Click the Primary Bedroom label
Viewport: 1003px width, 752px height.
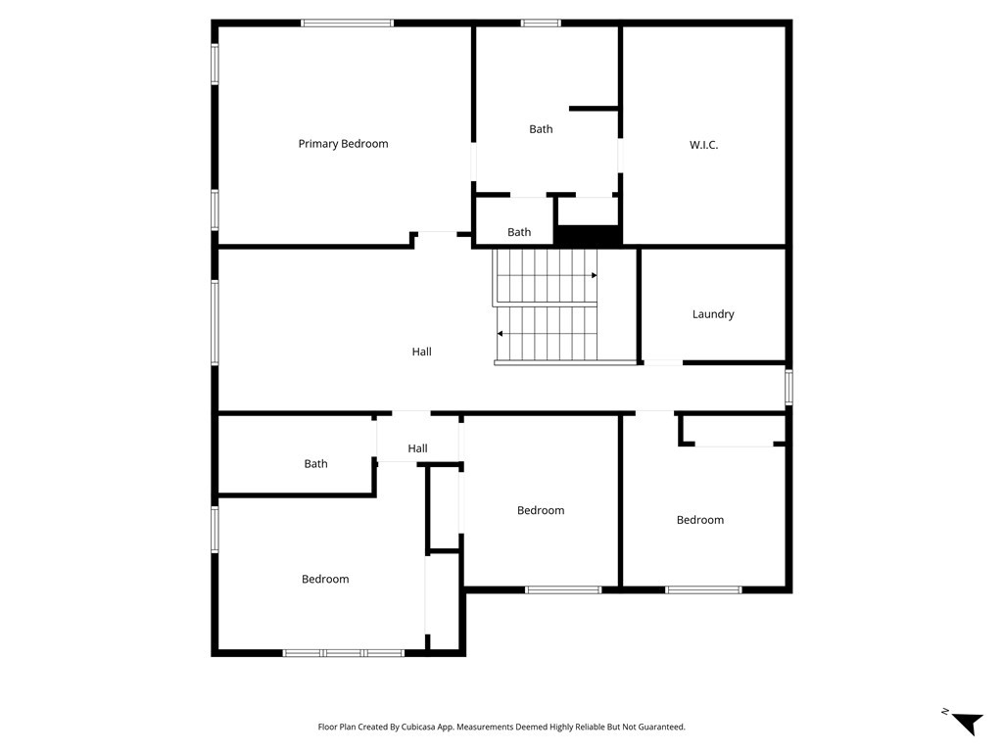click(343, 144)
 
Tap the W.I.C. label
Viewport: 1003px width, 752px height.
click(703, 145)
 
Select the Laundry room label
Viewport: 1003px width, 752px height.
click(713, 314)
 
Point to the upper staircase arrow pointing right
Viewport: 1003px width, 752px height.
click(593, 275)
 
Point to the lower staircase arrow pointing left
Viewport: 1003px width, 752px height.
click(501, 334)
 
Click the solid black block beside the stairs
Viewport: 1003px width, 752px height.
click(588, 236)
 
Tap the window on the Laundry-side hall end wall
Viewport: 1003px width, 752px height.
click(788, 387)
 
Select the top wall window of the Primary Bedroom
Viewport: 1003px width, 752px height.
click(347, 23)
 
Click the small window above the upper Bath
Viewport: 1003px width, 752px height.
click(541, 23)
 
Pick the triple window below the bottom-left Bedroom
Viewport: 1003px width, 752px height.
click(343, 652)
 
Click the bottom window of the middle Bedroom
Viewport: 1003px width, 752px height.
click(563, 589)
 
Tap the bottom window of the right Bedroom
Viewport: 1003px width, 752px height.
click(703, 589)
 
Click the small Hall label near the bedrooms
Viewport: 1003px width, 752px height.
click(417, 448)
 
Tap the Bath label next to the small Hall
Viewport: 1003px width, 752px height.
click(315, 464)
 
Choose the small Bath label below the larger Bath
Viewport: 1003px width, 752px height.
click(519, 232)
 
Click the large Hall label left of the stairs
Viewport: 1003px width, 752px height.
click(421, 352)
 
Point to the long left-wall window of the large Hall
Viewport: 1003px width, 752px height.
click(215, 323)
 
